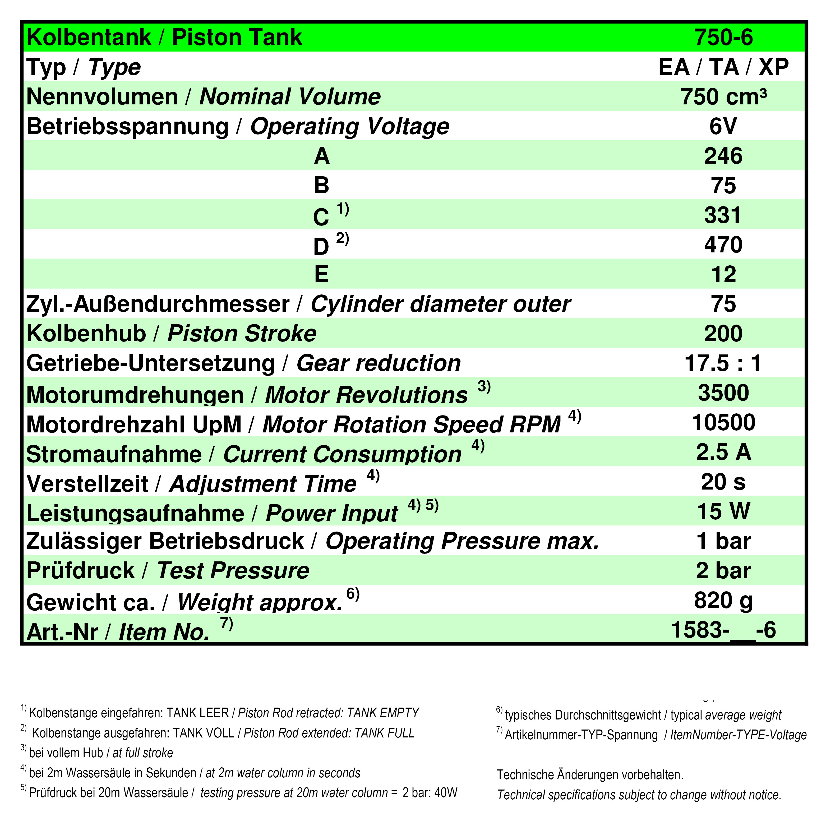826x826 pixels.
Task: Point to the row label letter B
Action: pyautogui.click(x=321, y=186)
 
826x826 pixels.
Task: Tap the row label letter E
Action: pyautogui.click(x=321, y=274)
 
